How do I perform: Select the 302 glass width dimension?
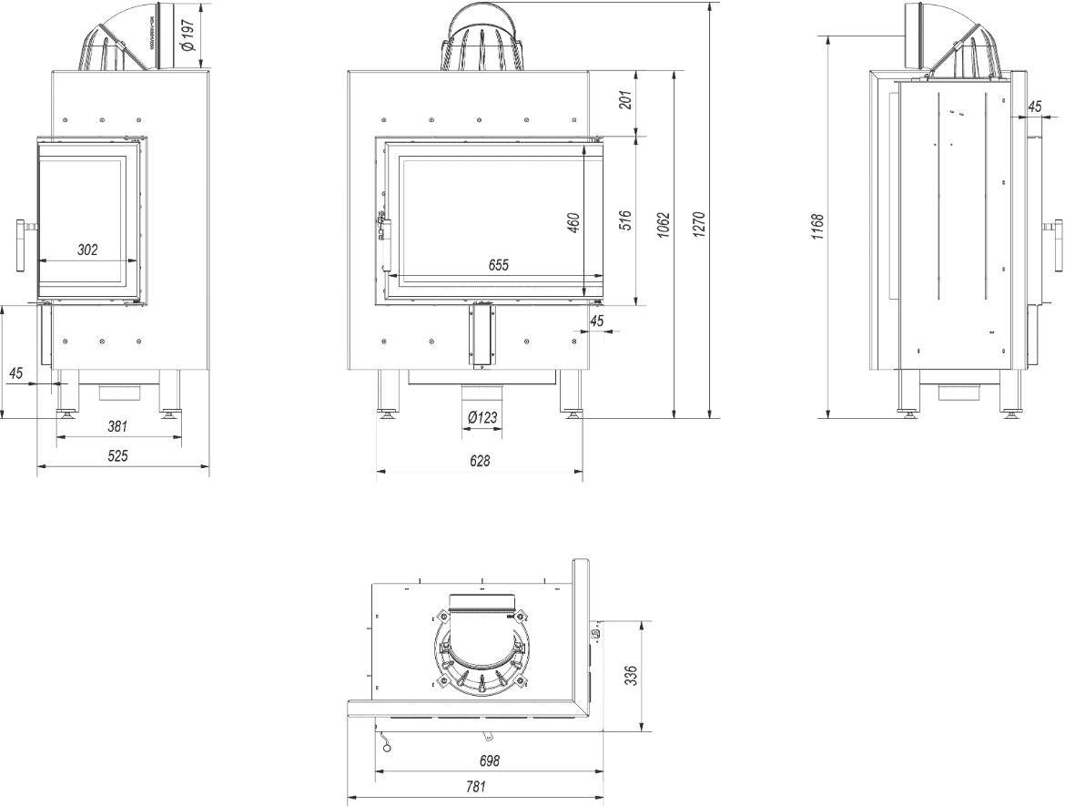(x=87, y=249)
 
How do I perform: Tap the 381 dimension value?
(x=117, y=425)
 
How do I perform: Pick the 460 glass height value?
(x=573, y=222)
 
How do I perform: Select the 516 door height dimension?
(x=624, y=221)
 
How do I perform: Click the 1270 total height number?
(x=700, y=222)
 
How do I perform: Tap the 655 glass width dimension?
(x=497, y=265)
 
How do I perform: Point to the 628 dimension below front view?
(x=480, y=461)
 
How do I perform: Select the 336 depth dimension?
(x=633, y=676)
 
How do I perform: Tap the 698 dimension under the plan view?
(x=489, y=760)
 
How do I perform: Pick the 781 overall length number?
(x=476, y=786)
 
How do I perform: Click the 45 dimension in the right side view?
(x=1034, y=107)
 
